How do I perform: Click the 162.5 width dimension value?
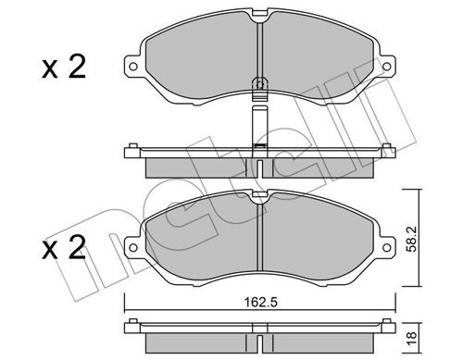click(260, 302)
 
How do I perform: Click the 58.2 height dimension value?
click(411, 239)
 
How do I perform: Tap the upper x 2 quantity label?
click(64, 68)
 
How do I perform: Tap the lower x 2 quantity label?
click(64, 247)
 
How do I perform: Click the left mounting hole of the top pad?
click(133, 67)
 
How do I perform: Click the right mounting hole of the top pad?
click(386, 67)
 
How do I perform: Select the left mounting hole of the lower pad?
click(133, 247)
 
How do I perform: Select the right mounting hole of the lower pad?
click(386, 247)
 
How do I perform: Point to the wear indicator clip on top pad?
click(260, 88)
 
